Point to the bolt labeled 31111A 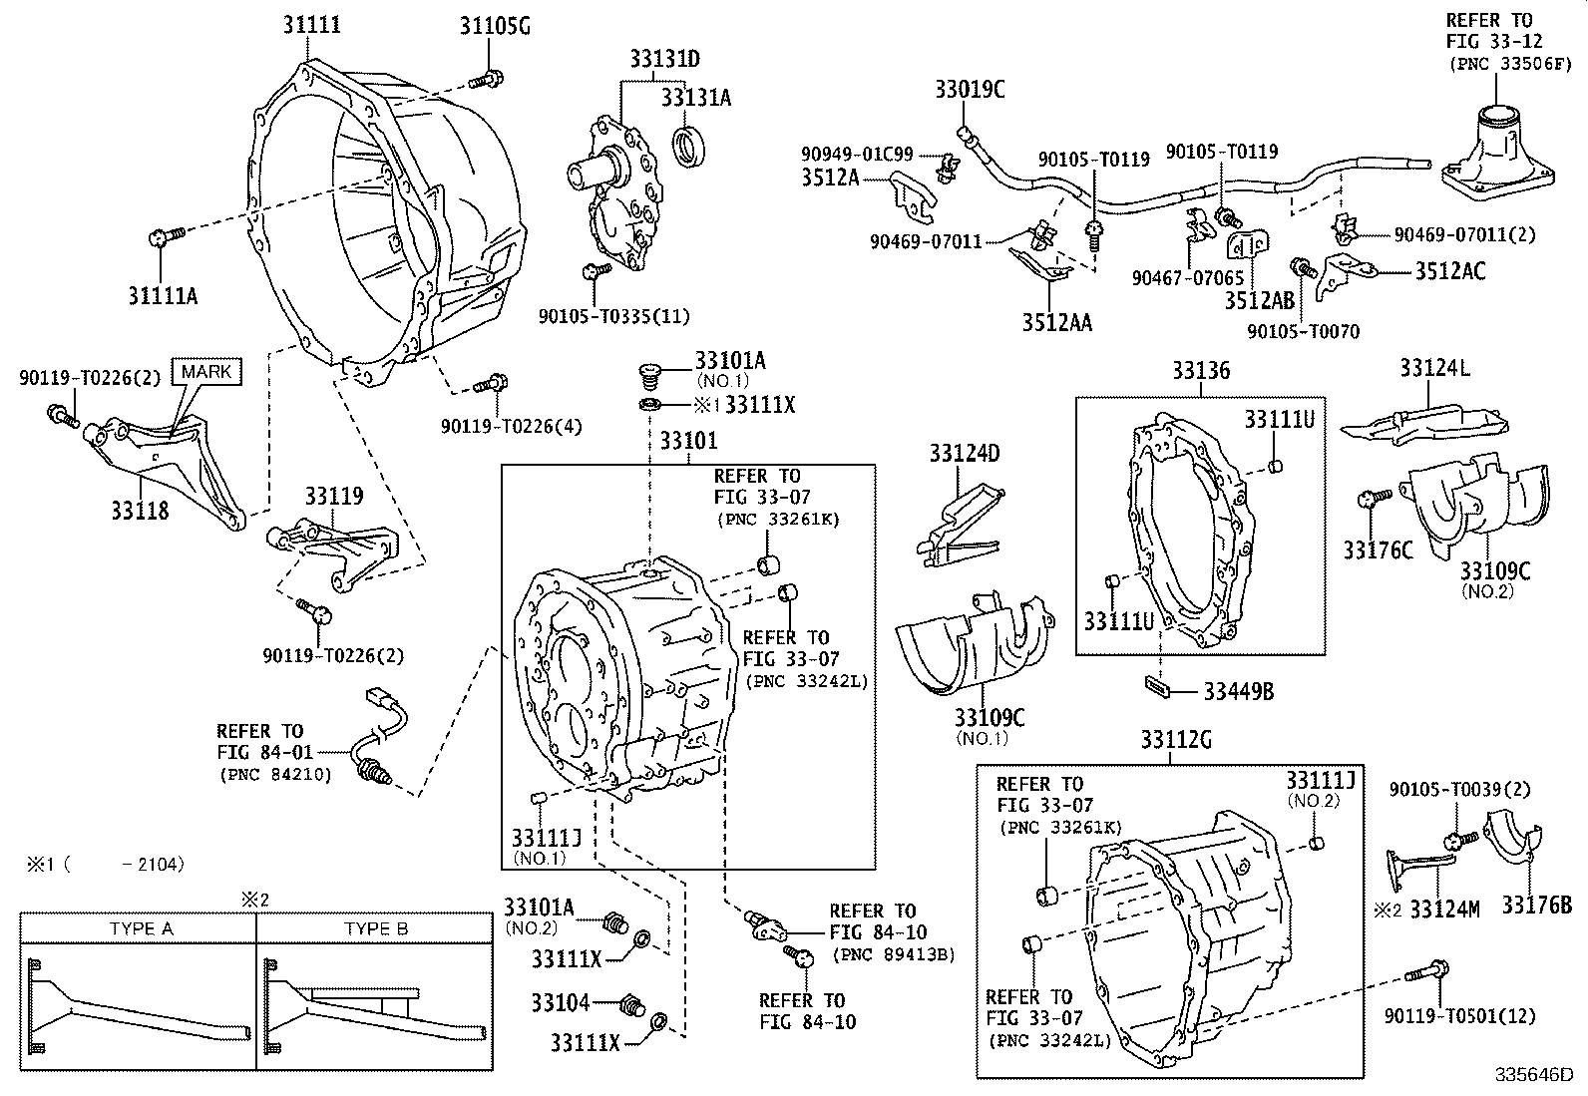coord(165,236)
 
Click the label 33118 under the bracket coord(141,512)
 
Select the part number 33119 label coord(334,497)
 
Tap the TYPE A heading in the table coord(141,928)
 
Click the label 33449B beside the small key coord(1238,690)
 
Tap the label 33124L coord(1433,368)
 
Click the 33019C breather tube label coord(970,90)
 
